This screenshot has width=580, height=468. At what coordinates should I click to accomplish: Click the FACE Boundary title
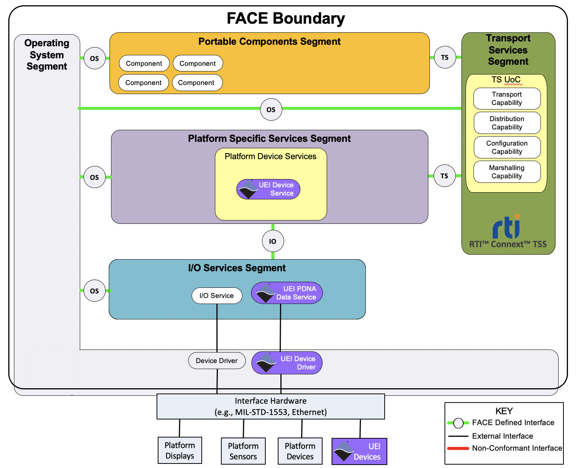pos(286,18)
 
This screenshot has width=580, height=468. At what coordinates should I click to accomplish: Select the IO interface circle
pos(272,241)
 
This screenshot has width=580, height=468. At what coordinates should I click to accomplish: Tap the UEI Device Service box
pos(268,189)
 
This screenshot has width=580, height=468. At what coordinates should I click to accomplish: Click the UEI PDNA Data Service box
pos(287,293)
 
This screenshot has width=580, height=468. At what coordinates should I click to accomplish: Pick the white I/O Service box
pos(216,296)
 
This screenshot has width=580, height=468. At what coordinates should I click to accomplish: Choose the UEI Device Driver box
pos(287,363)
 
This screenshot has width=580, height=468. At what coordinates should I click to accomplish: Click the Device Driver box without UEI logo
pos(216,361)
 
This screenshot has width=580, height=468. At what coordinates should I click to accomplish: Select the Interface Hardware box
pos(271,406)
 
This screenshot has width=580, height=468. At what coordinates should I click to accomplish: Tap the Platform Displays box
pos(180,450)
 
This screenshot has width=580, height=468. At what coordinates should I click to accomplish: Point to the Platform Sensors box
pos(243,451)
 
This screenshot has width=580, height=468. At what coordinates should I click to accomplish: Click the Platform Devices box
pos(300,451)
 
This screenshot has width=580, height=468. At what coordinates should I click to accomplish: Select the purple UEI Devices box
pos(359,451)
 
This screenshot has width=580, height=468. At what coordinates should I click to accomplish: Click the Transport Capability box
pos(507,99)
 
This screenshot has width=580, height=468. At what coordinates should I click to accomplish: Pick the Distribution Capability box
pos(507,123)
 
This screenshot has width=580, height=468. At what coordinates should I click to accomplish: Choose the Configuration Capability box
pos(507,147)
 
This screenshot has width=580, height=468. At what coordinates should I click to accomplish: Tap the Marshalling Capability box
pos(507,172)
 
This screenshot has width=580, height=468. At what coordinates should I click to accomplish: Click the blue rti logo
pos(507,227)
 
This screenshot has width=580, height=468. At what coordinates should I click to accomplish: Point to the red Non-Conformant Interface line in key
pos(458,448)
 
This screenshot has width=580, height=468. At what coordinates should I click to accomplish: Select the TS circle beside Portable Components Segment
pos(445,58)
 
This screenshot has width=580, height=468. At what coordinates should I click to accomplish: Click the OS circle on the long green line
pos(271,109)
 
